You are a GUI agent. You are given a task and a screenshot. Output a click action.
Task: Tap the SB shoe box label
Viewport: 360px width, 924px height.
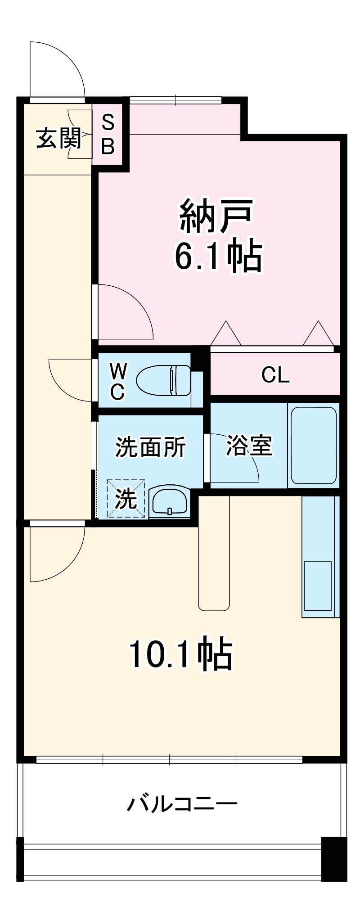click(x=108, y=134)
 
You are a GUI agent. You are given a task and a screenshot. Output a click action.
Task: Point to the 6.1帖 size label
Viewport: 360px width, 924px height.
click(x=218, y=257)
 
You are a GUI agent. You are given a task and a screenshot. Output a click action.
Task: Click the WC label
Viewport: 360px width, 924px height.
click(x=118, y=381)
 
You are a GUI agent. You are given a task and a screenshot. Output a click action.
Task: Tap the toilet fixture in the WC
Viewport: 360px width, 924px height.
click(x=163, y=381)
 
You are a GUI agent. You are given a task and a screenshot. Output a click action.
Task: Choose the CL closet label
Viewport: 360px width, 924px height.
click(x=275, y=374)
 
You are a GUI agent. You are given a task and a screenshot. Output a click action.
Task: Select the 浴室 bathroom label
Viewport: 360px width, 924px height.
click(x=249, y=446)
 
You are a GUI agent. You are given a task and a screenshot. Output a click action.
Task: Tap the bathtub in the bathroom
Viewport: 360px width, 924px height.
click(x=314, y=445)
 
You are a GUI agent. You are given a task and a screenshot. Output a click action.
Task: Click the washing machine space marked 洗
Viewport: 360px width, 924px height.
click(x=126, y=498)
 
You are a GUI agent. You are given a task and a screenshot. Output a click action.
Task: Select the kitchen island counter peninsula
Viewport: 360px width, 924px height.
click(x=214, y=554)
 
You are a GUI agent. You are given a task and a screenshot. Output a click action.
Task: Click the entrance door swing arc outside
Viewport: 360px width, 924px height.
click(x=58, y=68)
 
